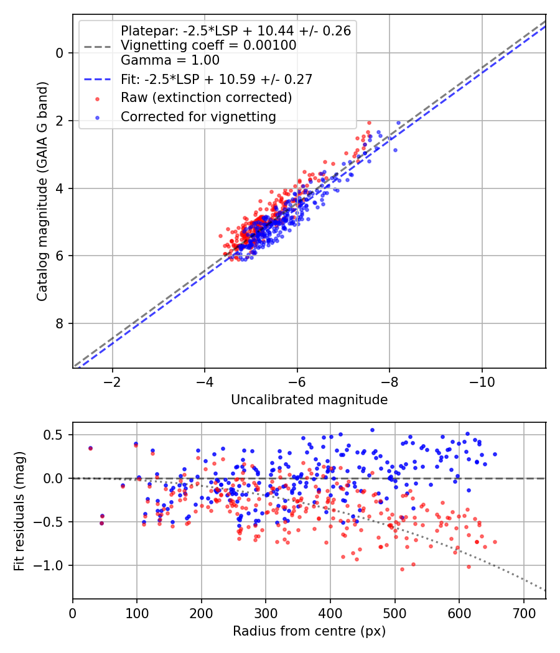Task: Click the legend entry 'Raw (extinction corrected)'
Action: pos(206,98)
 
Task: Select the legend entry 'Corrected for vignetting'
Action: pos(198,116)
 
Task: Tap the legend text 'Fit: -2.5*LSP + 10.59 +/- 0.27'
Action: pos(217,79)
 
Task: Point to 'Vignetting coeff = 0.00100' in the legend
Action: pos(208,45)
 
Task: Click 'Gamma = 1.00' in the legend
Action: pos(170,60)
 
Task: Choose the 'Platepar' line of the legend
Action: pos(235,30)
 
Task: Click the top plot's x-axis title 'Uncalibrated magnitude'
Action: pos(309,400)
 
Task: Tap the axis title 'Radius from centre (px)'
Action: pos(309,631)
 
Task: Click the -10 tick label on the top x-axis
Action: pos(482,382)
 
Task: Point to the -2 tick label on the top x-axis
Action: pos(112,382)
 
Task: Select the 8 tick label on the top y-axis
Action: pos(59,323)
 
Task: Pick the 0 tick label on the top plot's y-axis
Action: pos(59,53)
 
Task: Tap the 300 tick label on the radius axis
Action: pos(266,613)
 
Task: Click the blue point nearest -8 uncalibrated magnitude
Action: pos(395,150)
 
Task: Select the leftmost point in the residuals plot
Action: pos(90,448)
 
